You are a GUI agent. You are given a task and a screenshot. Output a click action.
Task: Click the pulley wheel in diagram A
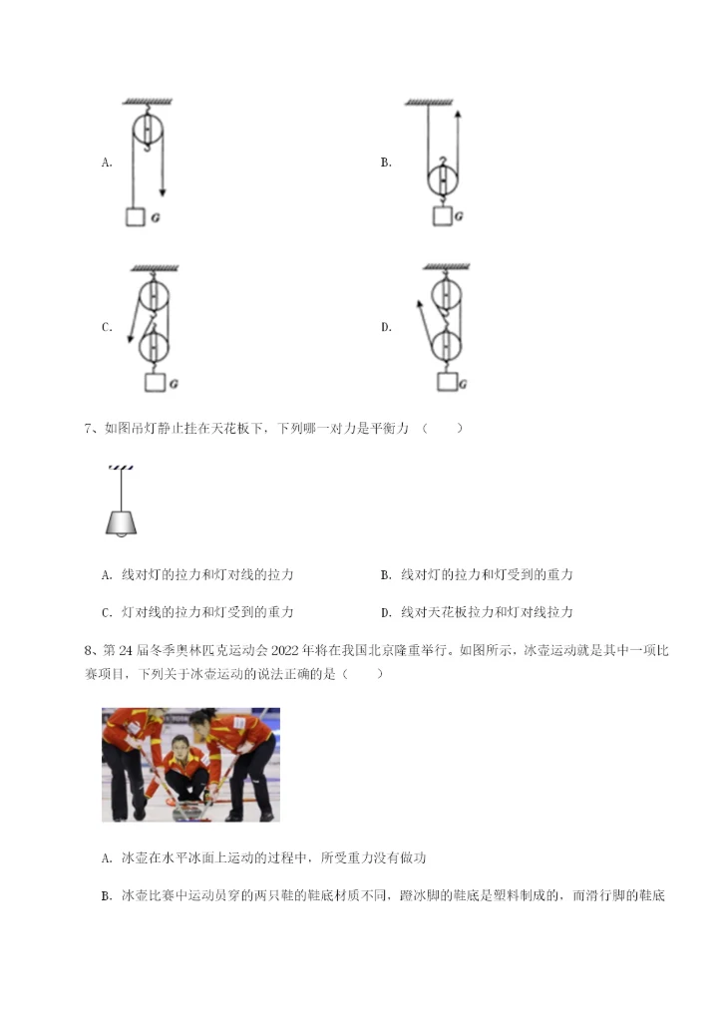148,131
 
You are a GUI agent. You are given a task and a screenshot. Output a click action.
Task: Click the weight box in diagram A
136,216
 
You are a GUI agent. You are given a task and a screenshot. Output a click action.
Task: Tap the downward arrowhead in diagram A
162,191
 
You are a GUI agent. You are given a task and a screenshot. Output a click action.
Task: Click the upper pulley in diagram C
152,296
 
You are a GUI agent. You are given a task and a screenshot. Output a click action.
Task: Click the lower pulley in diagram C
154,347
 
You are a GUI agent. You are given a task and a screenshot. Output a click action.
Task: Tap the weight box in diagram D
446,383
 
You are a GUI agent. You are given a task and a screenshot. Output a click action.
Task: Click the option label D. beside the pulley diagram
386,327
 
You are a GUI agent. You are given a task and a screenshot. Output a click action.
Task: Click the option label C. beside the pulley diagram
107,327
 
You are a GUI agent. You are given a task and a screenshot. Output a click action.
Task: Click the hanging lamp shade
121,520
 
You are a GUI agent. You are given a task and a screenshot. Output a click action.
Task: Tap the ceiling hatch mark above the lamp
121,468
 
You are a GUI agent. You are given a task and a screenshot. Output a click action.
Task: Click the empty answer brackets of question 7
443,429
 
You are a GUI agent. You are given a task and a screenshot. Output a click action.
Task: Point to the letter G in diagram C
174,383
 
